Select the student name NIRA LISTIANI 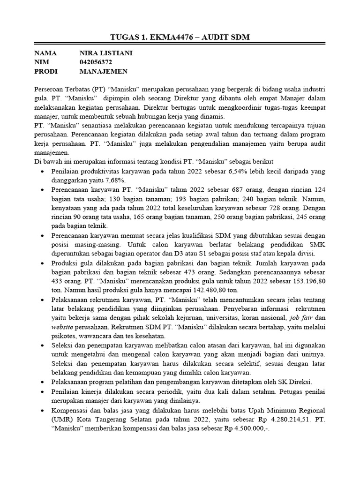point(106,53)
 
